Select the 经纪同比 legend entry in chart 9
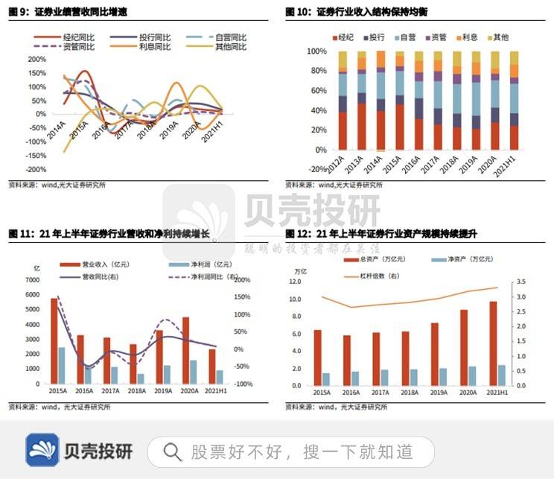click(71, 37)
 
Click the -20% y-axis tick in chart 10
click(316, 169)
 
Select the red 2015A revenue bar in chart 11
click(54, 340)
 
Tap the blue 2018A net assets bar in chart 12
click(414, 377)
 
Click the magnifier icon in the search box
click(172, 451)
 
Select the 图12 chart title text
click(381, 233)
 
